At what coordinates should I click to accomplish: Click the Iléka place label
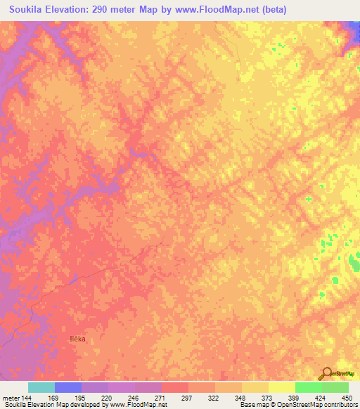pyautogui.click(x=77, y=339)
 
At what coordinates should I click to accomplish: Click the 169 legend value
pyautogui.click(x=54, y=397)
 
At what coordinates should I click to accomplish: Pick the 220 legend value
pyautogui.click(x=108, y=397)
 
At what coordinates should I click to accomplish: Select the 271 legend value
pyautogui.click(x=161, y=397)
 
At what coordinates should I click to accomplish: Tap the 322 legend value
pyautogui.click(x=215, y=397)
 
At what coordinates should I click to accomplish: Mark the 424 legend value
pyautogui.click(x=322, y=397)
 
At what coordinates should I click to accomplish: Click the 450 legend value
pyautogui.click(x=347, y=397)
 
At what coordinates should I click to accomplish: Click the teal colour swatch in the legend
pyautogui.click(x=41, y=387)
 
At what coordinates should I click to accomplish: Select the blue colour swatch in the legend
pyautogui.click(x=68, y=387)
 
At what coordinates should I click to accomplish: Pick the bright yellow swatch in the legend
pyautogui.click(x=282, y=387)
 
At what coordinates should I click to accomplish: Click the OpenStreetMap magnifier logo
pyautogui.click(x=326, y=373)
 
